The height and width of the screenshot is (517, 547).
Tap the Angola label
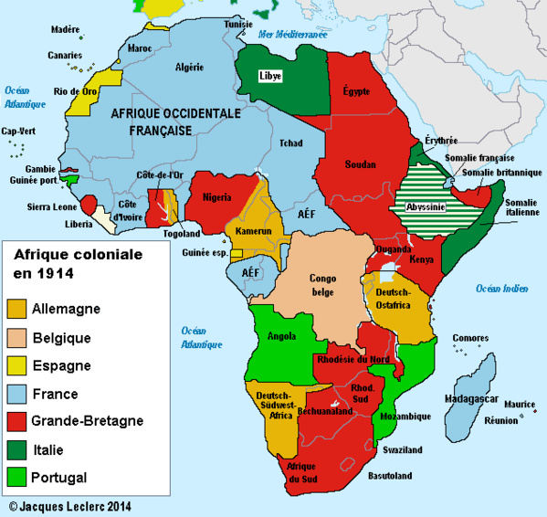tap(282, 336)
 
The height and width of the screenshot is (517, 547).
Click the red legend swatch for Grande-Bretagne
tap(16, 422)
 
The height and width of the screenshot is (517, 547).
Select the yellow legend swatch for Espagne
tap(16, 366)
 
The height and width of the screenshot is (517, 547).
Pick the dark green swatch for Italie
tap(16, 449)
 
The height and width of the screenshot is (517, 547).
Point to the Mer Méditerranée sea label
tap(292, 33)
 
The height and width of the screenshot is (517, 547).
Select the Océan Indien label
tap(501, 289)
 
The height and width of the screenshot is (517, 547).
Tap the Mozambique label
tap(406, 417)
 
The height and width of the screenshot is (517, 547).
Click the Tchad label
tap(291, 143)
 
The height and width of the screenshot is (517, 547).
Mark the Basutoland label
tap(390, 475)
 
